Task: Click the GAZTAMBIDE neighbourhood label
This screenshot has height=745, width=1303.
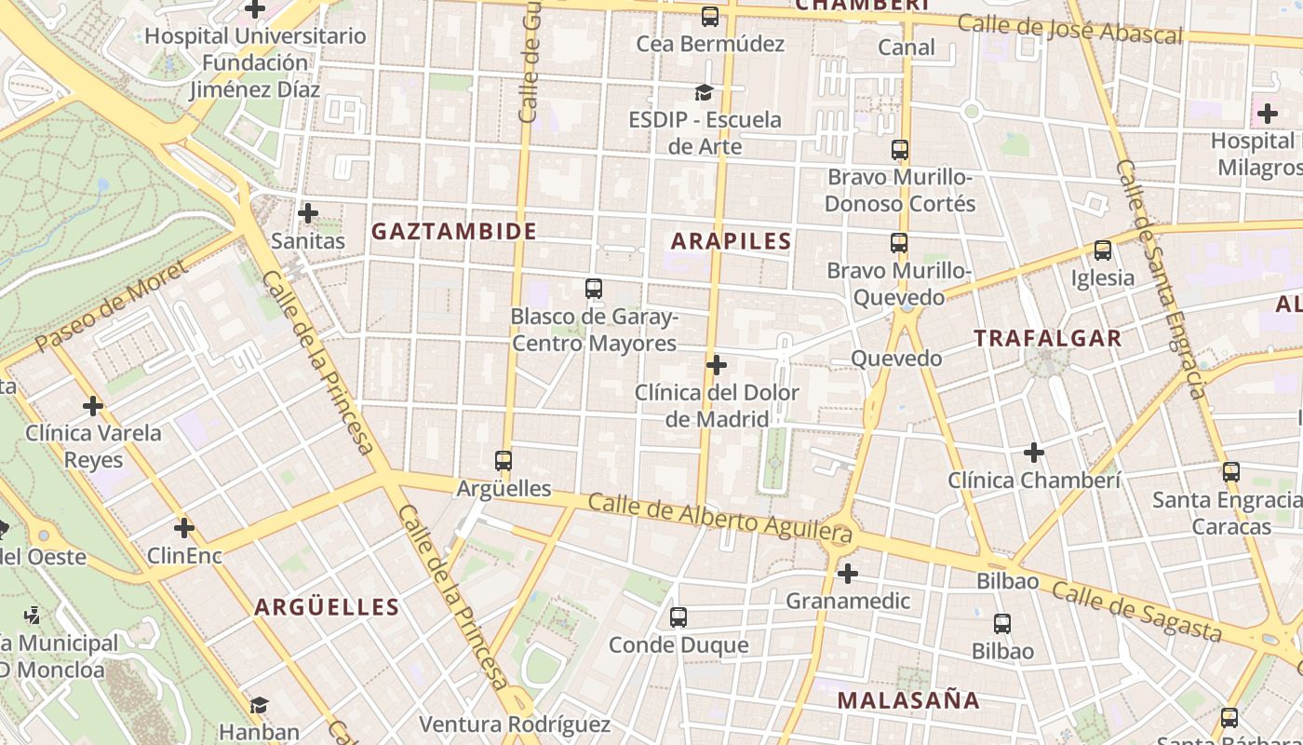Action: [454, 231]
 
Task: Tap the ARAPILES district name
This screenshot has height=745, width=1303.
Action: [732, 241]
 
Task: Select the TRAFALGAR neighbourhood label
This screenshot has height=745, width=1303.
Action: [1048, 338]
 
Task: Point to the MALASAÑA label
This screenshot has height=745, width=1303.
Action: [908, 700]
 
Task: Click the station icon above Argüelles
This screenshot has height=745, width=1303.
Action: [504, 460]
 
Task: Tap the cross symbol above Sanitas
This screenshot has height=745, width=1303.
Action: [308, 213]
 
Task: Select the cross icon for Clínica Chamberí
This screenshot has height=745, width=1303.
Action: [1034, 453]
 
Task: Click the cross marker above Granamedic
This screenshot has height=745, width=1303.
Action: [847, 573]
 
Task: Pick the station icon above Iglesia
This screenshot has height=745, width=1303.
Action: [1103, 250]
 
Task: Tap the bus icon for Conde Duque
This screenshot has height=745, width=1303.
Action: [678, 616]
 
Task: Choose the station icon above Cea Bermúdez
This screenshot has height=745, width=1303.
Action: [710, 16]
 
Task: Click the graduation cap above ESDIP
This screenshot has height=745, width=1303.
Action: [704, 92]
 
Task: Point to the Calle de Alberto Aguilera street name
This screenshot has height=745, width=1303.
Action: [720, 518]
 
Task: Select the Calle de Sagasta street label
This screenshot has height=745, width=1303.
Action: [1136, 611]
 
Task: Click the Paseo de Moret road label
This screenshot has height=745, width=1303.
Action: [111, 307]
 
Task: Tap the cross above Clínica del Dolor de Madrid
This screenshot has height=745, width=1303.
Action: [717, 365]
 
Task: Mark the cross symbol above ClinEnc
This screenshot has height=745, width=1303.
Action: [184, 528]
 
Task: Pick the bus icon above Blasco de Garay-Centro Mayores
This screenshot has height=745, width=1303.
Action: [594, 289]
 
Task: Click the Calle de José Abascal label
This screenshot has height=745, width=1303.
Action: [1069, 29]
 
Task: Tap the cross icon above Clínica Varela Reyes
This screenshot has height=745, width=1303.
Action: [93, 405]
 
